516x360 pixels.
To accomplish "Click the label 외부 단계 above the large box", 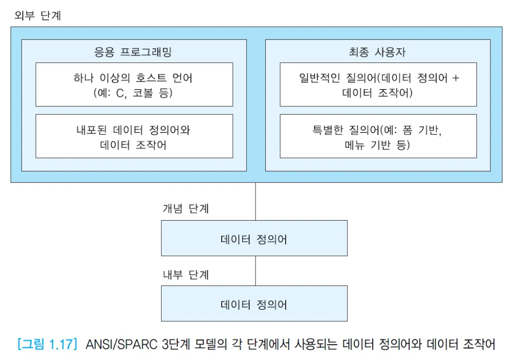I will point(38,15).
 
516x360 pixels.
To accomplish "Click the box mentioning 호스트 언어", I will point(134,84).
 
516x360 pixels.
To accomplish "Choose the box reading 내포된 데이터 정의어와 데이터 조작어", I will point(134,136).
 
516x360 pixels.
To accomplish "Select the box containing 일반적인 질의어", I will point(378,84).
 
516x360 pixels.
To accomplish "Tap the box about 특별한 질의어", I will point(378,136).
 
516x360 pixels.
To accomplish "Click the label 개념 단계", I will point(185,209).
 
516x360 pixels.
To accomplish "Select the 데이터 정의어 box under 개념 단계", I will point(254,238).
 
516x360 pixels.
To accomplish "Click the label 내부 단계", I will point(185,274).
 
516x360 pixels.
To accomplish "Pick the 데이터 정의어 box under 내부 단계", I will point(254,304).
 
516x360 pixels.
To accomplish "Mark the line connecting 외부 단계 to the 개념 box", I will point(256,201).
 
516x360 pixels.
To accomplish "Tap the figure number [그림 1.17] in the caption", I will point(47,345).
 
